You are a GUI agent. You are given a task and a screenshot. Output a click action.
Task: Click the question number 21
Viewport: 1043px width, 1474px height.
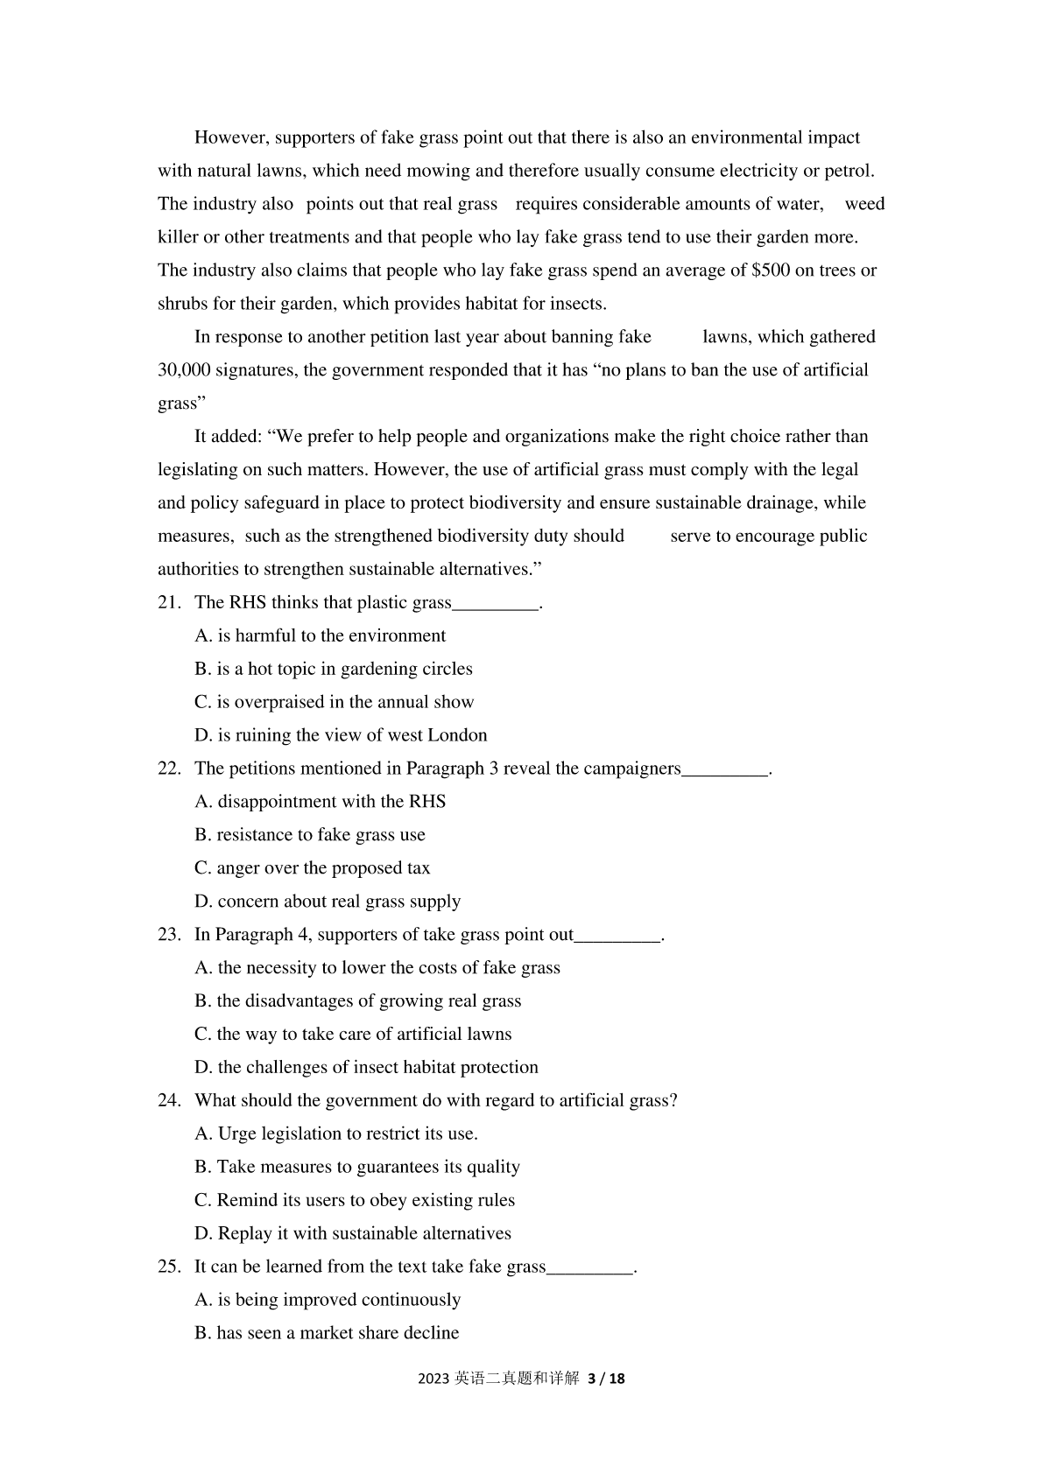coord(168,602)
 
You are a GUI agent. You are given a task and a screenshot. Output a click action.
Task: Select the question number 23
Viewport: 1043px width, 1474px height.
coord(168,935)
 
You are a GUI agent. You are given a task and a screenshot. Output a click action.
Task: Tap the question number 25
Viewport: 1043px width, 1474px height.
coord(168,1267)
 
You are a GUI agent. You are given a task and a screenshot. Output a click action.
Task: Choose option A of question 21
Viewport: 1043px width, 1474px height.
coord(321,635)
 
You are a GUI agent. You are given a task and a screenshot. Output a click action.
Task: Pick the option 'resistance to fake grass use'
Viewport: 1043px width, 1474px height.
coord(310,835)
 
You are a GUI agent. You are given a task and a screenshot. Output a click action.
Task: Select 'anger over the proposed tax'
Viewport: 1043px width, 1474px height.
coord(313,868)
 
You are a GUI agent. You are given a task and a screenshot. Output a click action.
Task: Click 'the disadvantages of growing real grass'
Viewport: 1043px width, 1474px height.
coord(358,1001)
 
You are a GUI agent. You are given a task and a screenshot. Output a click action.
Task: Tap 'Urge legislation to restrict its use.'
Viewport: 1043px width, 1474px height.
coord(336,1134)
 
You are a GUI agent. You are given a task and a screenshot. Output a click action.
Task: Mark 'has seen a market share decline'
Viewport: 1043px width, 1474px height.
coord(327,1333)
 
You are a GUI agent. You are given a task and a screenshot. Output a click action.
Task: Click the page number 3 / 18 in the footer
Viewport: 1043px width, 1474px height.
coord(606,1379)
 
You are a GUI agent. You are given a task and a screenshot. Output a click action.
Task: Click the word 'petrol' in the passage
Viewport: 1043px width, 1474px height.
coord(847,171)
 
